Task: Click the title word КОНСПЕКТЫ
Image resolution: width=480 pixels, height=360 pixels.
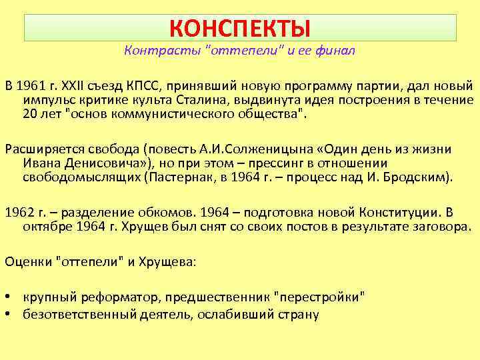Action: (240, 28)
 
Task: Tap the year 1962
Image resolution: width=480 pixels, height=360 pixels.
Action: (19, 213)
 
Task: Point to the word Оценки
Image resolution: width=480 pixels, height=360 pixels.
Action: (27, 261)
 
